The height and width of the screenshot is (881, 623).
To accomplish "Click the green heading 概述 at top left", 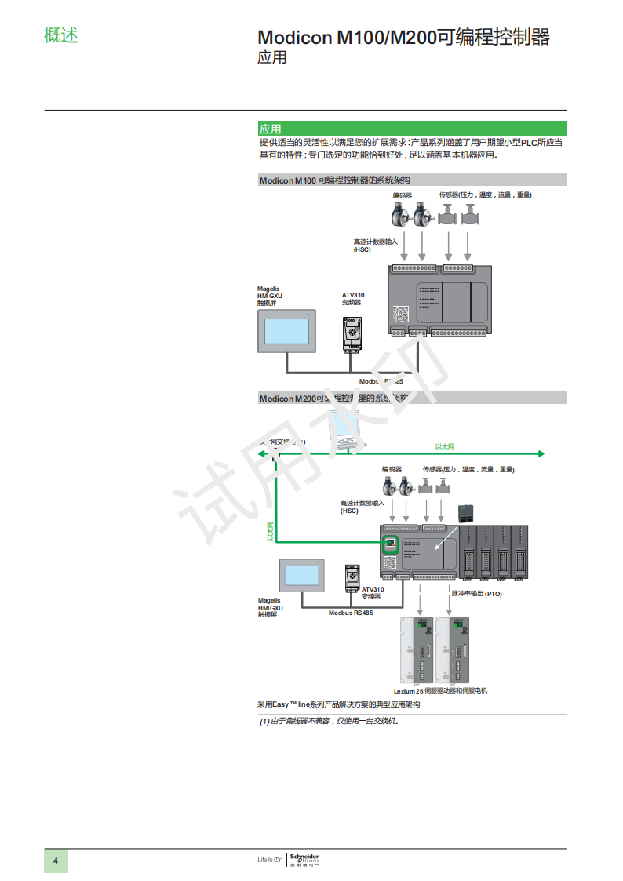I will coord(61,35).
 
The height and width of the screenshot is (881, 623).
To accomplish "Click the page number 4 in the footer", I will coord(56,861).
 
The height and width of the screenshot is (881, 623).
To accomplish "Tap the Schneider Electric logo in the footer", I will coord(304,860).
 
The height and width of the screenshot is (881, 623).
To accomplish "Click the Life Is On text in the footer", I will coord(269,860).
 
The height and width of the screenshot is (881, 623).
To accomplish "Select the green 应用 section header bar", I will coord(412,129).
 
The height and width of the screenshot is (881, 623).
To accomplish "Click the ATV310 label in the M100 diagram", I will coord(353,296).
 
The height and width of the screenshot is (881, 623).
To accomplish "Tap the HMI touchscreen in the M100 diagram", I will coord(287,332).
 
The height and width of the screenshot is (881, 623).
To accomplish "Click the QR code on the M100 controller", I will coord(401,314).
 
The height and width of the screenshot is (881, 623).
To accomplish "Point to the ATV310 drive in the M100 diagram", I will coord(352,334).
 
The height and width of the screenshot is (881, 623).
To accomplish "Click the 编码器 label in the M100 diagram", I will coord(403,195).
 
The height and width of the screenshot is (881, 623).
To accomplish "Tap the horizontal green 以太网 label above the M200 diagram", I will coord(445,446).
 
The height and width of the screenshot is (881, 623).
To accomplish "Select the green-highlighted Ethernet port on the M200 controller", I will coord(390,544).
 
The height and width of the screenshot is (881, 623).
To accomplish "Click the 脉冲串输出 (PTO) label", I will coord(476,594).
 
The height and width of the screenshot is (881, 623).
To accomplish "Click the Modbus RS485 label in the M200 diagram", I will coord(351,613).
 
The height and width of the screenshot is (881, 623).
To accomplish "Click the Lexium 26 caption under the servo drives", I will coord(408,691).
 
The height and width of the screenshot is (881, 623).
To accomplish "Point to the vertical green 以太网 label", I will coord(269,531).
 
